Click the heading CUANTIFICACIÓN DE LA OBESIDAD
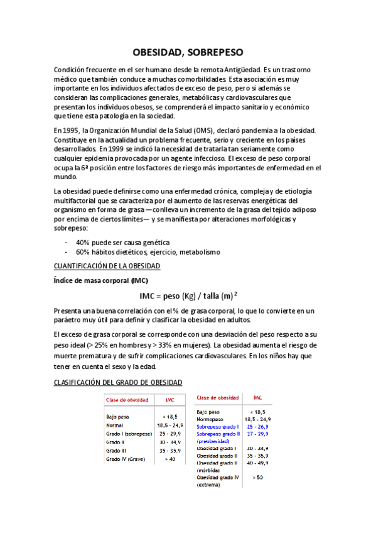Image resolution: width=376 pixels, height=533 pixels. [x=107, y=266]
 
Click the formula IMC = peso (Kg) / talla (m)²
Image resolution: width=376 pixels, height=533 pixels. [x=188, y=295]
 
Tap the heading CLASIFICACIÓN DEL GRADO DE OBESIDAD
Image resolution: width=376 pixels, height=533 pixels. [x=118, y=382]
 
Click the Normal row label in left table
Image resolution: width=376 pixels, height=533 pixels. [x=115, y=425]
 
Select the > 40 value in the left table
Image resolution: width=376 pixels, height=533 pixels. [x=169, y=459]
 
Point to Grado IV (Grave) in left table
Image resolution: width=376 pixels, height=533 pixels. [x=126, y=459]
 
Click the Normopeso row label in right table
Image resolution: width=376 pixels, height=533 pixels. [x=211, y=419]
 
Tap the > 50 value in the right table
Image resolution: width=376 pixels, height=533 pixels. [x=257, y=478]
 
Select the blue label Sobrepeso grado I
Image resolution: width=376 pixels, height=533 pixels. [x=218, y=426]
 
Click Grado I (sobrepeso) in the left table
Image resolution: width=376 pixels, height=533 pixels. [x=129, y=434]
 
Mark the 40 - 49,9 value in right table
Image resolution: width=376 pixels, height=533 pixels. [x=257, y=463]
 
